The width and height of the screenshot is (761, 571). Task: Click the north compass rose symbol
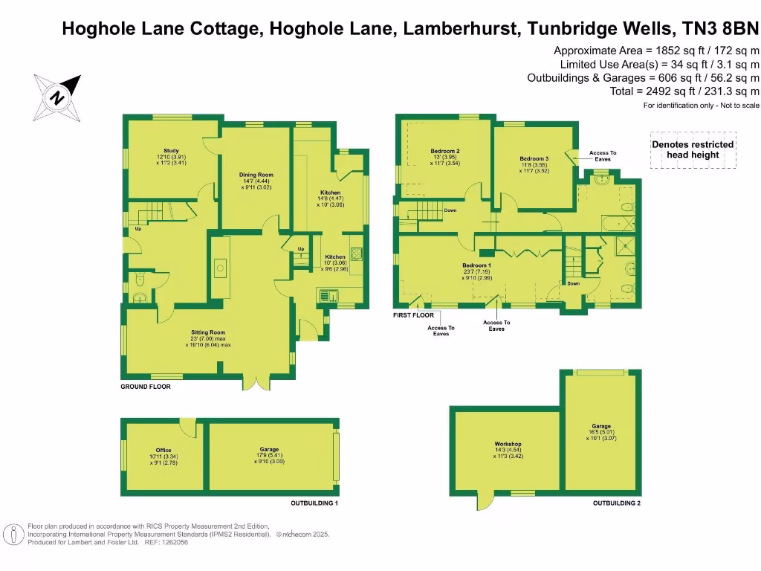[x=58, y=95]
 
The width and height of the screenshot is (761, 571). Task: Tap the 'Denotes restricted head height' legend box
[x=693, y=149]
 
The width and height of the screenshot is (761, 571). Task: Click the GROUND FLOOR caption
[x=146, y=387]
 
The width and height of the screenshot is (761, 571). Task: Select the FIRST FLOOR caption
[x=412, y=316]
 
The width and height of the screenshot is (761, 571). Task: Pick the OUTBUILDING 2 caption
[x=617, y=503]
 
